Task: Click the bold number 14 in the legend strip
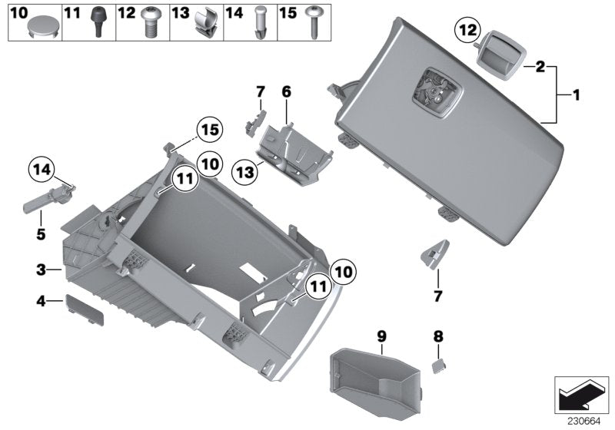(233, 13)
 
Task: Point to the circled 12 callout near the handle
(467, 31)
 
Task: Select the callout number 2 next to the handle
(540, 68)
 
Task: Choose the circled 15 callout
(208, 131)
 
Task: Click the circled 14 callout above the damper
(42, 168)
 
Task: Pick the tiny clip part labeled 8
(439, 365)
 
